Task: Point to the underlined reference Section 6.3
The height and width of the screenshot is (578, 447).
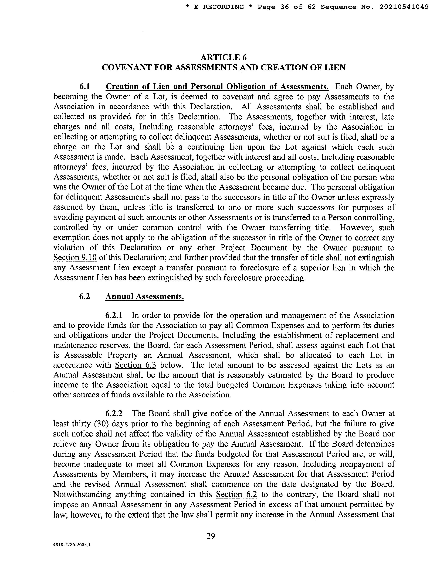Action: click(x=135, y=365)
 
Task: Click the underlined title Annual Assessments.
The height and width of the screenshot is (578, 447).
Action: click(x=145, y=297)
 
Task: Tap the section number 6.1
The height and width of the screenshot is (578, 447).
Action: click(x=85, y=87)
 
